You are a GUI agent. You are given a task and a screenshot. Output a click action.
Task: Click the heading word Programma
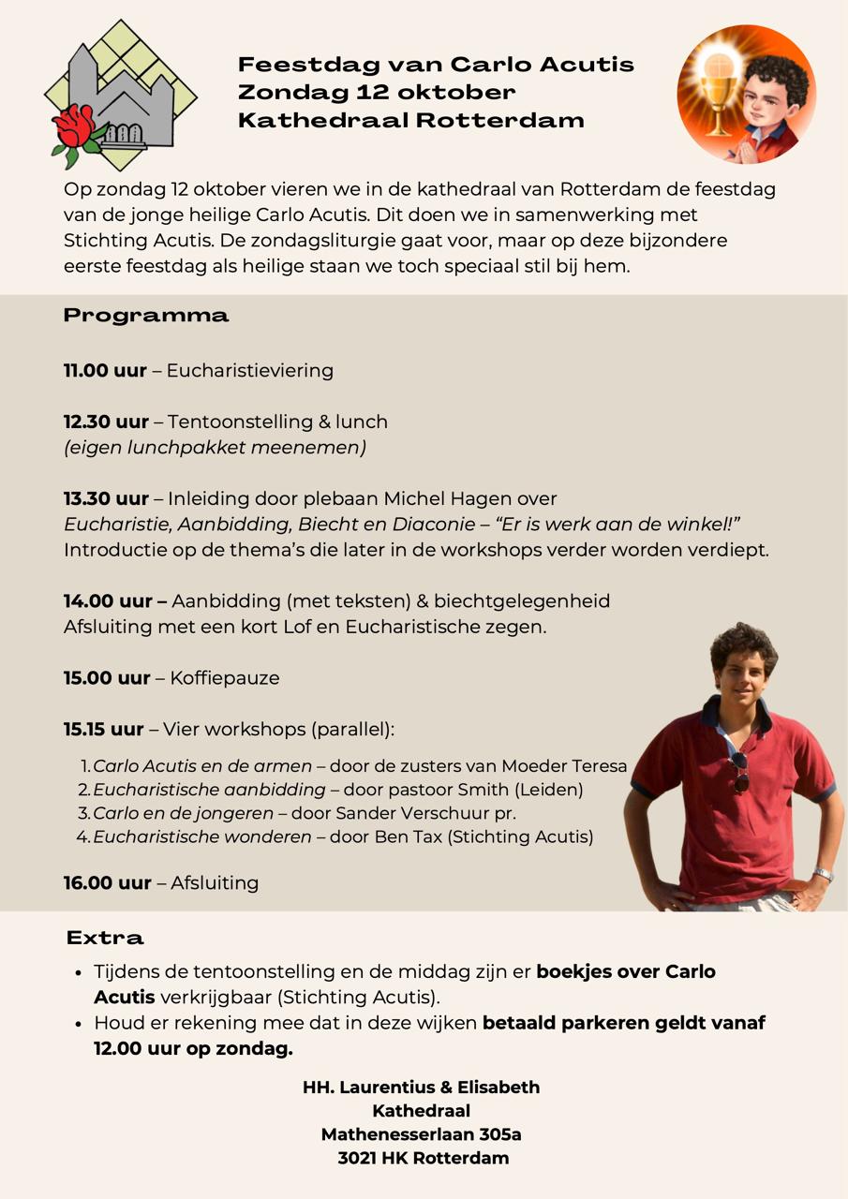pos(146,316)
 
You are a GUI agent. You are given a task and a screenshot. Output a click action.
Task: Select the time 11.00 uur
pos(105,370)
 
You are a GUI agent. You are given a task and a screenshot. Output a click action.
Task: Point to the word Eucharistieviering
pos(250,370)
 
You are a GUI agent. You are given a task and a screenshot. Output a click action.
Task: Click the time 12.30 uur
pos(105,422)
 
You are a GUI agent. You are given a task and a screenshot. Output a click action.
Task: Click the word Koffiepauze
pos(225,677)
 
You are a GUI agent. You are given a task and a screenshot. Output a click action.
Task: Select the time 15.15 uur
pos(104,729)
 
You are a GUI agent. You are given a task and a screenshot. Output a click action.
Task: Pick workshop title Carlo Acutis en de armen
pos(202,766)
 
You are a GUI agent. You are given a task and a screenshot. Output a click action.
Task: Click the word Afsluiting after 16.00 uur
pos(215,882)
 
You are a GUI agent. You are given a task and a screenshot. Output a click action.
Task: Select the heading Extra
pos(105,938)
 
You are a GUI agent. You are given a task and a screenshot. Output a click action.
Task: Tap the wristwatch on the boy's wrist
pos(823,875)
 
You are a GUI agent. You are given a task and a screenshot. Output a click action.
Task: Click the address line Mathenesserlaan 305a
pos(422,1134)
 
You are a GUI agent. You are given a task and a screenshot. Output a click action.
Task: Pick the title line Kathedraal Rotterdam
pos(411,120)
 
